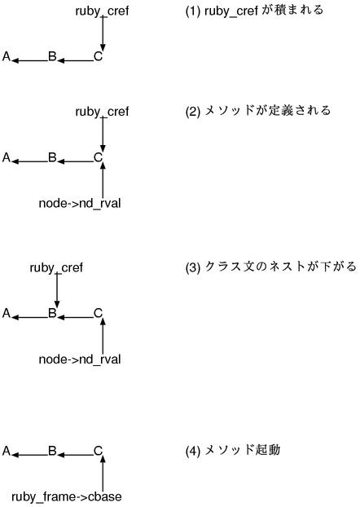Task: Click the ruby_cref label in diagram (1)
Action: [x=102, y=11]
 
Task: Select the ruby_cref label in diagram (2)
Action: [x=102, y=112]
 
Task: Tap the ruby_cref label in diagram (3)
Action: [x=56, y=267]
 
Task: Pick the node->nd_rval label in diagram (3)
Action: [x=80, y=359]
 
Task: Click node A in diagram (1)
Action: [x=7, y=57]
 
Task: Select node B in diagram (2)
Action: [x=52, y=158]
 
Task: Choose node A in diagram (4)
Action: [x=7, y=451]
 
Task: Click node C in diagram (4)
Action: [x=98, y=451]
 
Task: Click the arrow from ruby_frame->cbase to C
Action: [x=102, y=474]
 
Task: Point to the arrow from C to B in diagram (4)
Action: [x=75, y=452]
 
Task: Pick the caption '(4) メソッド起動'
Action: [x=233, y=450]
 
